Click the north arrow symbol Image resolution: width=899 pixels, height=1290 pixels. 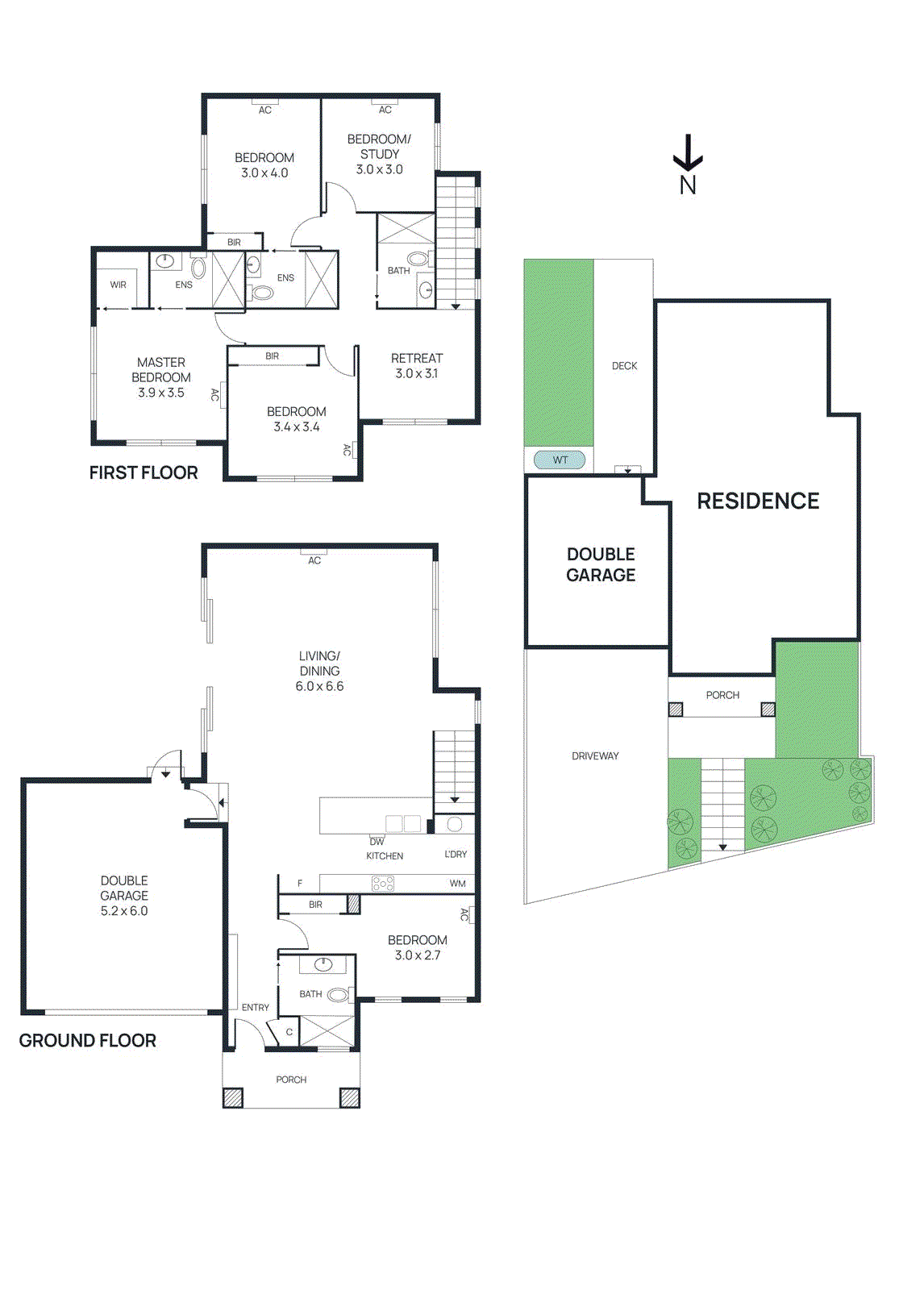click(688, 154)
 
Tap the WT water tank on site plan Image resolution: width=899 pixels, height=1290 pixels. click(560, 460)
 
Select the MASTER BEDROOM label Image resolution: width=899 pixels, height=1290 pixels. click(161, 370)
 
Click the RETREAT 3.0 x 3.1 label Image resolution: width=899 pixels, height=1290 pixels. click(417, 365)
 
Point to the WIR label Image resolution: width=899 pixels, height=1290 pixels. click(119, 285)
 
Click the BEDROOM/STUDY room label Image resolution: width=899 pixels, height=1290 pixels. click(379, 146)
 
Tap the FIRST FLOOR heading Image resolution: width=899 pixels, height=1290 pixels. click(144, 473)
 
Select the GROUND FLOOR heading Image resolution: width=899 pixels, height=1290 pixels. click(87, 1041)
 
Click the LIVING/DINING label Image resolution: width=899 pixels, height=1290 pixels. click(319, 663)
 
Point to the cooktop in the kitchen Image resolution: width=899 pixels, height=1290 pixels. click(382, 884)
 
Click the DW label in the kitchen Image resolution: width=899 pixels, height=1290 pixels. click(377, 842)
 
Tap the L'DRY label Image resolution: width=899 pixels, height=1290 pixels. click(456, 854)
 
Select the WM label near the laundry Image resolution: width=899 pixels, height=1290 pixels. click(457, 884)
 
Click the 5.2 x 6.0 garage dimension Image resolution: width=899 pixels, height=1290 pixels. click(124, 911)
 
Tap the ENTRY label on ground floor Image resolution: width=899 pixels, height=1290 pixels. click(256, 1008)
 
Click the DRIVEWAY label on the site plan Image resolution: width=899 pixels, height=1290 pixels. click(595, 756)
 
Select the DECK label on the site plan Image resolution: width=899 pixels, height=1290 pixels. click(624, 366)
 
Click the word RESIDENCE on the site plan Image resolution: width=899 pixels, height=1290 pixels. click(758, 501)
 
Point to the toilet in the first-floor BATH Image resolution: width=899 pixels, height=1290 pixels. click(418, 259)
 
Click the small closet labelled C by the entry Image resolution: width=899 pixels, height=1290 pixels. click(289, 1032)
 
